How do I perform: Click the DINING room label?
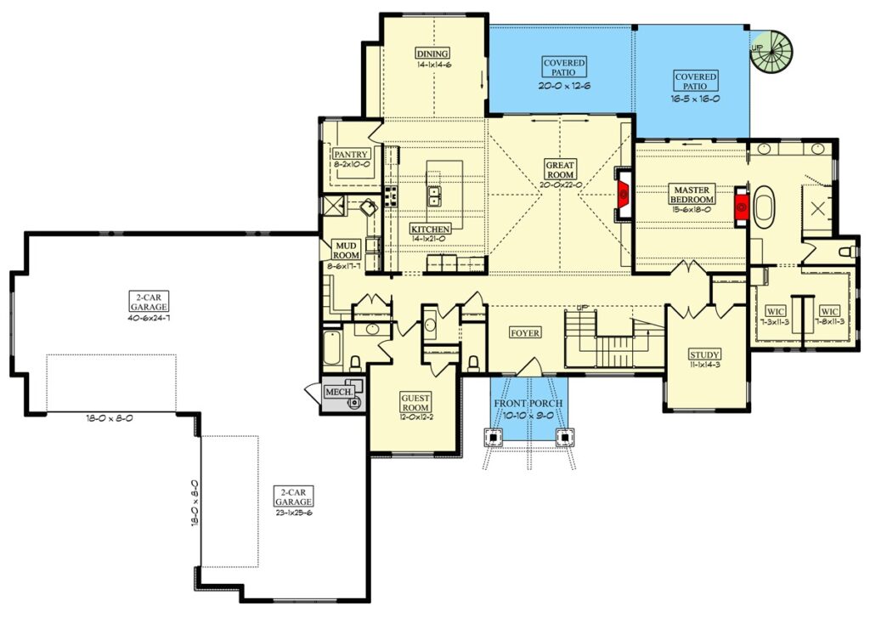[432, 54]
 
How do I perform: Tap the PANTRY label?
[351, 154]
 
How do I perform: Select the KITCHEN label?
[430, 229]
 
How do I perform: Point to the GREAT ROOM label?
[560, 169]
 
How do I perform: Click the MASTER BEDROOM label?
[692, 195]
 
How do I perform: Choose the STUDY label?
[704, 354]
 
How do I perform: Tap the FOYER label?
[525, 332]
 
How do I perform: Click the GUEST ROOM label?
[415, 403]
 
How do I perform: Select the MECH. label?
[339, 392]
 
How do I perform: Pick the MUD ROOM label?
[347, 251]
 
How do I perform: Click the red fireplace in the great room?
[623, 195]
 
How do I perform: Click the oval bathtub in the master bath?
[764, 207]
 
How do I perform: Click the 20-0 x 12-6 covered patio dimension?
[564, 86]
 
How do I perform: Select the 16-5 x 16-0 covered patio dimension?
[695, 99]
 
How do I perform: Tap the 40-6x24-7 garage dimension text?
[149, 318]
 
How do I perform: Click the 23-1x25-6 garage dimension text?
[293, 513]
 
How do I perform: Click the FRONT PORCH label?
[528, 403]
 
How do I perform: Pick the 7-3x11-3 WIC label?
[775, 321]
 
